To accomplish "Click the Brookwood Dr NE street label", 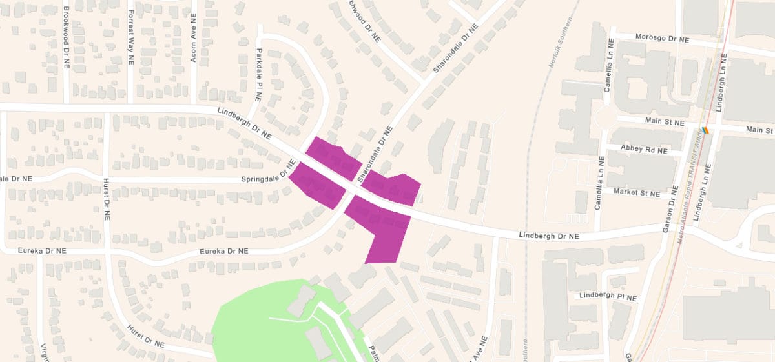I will pyautogui.click(x=67, y=38).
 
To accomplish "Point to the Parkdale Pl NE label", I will pyautogui.click(x=258, y=77).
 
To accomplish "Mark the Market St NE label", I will pyautogui.click(x=637, y=193).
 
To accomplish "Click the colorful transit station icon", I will pyautogui.click(x=707, y=129).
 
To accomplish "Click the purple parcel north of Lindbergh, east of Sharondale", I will pyautogui.click(x=393, y=188).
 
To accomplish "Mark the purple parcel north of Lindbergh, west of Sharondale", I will pyautogui.click(x=333, y=157).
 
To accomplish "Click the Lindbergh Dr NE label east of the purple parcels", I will pyautogui.click(x=548, y=237).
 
